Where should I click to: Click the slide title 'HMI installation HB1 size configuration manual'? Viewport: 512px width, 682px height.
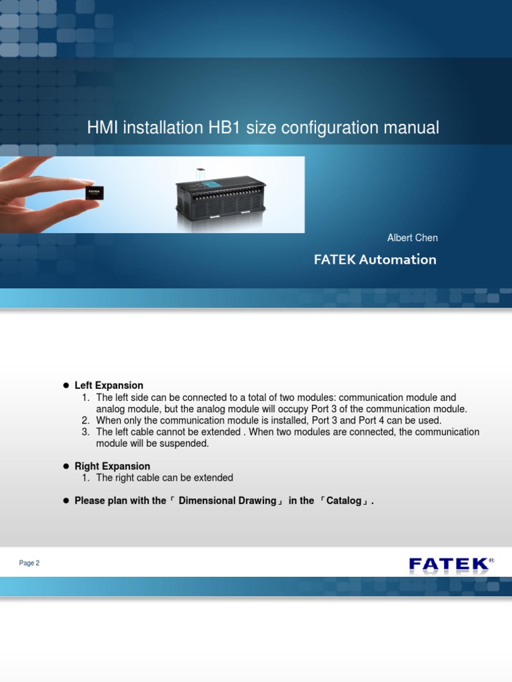263,128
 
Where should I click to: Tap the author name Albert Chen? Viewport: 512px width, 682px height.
412,238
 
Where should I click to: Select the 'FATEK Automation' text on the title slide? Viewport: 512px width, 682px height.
375,260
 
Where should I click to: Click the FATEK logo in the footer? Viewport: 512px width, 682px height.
449,565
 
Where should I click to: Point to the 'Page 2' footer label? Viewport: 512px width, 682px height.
29,563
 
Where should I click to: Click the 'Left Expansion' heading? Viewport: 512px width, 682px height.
109,386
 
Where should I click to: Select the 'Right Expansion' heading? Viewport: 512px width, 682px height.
112,466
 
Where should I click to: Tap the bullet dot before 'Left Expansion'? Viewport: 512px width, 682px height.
66,386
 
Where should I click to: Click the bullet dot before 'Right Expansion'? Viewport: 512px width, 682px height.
66,466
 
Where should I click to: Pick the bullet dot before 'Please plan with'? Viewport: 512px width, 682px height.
66,501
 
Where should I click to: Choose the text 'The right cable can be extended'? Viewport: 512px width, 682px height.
165,478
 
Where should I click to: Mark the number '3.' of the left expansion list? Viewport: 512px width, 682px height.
85,432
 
